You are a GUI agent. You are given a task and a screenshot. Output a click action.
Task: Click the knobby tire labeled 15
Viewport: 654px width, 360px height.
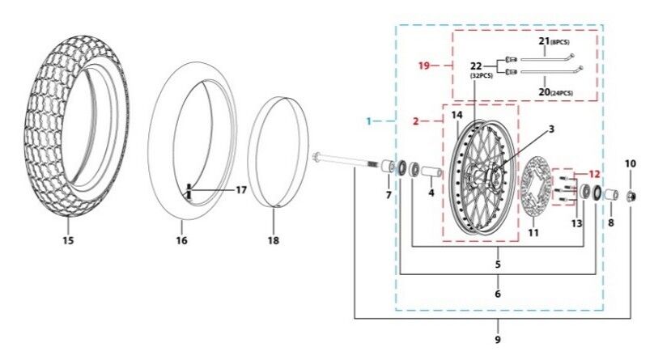tap(77, 126)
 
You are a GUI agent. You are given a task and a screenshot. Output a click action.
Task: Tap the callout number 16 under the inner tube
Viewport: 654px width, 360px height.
tap(181, 240)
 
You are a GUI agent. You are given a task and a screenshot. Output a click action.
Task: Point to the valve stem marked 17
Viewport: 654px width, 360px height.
tap(189, 192)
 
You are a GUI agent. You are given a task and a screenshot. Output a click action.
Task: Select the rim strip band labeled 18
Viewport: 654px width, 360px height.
tap(278, 151)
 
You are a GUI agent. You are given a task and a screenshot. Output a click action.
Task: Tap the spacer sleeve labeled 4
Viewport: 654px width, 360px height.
tap(431, 172)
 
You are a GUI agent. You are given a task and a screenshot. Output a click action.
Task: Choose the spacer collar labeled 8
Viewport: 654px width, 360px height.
tap(611, 195)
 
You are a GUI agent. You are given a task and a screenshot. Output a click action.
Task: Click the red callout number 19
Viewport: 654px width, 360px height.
tap(424, 66)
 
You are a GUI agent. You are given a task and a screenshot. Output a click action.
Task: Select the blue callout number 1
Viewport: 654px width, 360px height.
tap(368, 121)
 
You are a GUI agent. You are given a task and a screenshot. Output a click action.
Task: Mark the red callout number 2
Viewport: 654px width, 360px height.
tap(415, 121)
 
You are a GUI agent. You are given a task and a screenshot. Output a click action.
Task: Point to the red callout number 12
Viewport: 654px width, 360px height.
tap(594, 174)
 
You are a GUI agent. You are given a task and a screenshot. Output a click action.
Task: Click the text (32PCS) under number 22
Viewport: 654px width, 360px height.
tap(482, 76)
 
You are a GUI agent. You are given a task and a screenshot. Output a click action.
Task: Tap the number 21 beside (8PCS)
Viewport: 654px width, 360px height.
tap(544, 40)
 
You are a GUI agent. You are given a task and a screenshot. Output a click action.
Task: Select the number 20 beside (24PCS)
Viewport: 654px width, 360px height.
tap(544, 91)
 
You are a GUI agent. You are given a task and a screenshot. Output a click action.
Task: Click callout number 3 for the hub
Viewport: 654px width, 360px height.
tap(551, 129)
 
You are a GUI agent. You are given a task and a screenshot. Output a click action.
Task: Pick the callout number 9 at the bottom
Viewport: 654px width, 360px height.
tap(498, 340)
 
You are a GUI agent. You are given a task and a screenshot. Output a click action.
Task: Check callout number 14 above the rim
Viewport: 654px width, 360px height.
tap(457, 114)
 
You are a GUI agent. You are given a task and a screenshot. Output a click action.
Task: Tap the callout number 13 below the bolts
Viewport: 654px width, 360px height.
tap(576, 224)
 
